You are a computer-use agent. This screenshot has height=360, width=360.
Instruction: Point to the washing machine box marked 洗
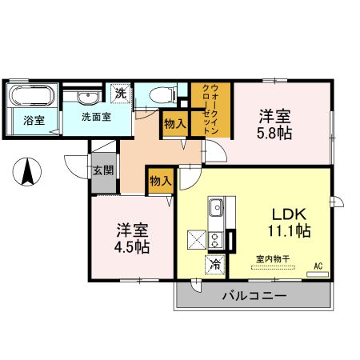point(121,92)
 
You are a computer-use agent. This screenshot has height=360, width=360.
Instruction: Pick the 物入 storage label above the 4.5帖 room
point(160,182)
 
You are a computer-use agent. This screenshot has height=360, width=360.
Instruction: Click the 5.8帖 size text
point(274,132)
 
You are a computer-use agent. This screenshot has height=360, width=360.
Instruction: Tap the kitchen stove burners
point(215,239)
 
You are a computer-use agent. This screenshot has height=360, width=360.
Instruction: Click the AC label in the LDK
point(318,265)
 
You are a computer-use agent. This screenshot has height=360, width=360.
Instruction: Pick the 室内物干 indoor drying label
point(272,258)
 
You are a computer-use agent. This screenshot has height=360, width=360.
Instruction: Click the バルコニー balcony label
point(253,297)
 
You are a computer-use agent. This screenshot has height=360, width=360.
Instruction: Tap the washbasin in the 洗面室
point(89,98)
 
